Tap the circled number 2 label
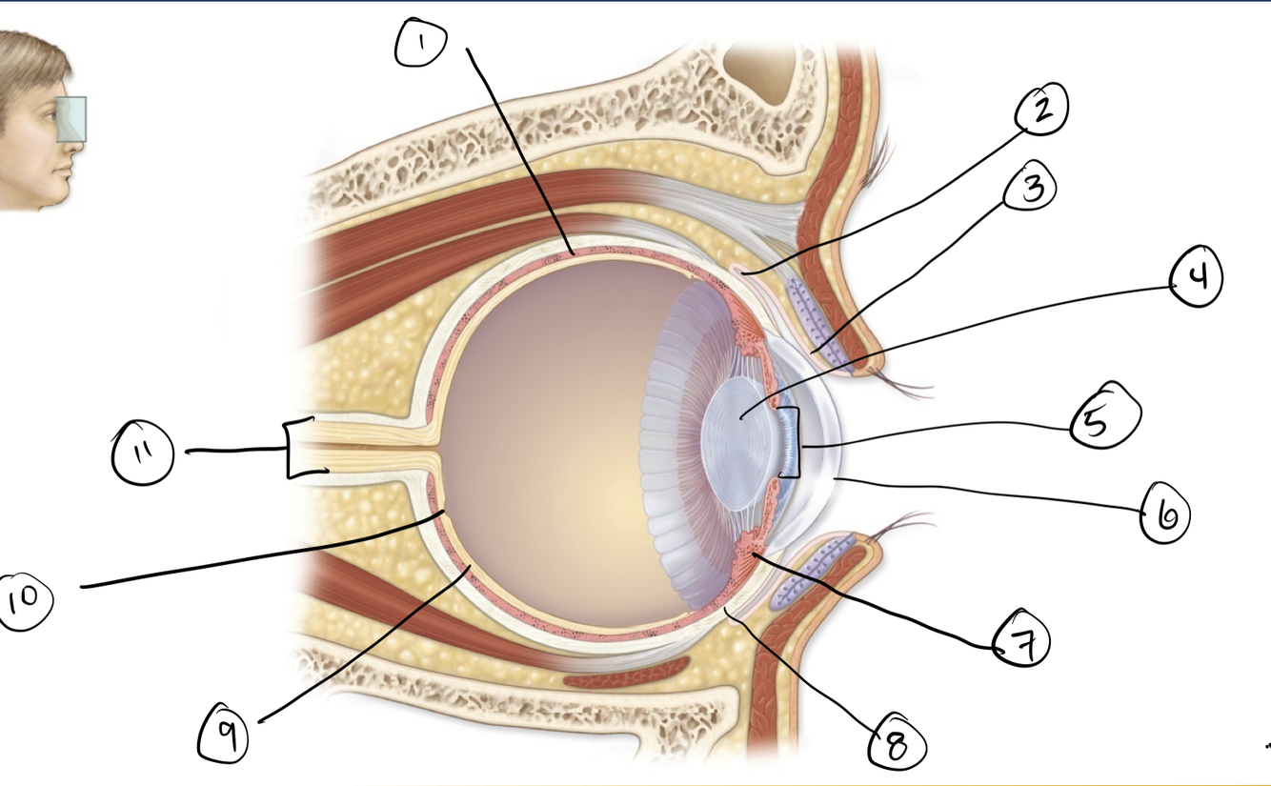[x=1041, y=111]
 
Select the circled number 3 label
[x=1030, y=189]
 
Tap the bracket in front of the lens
[x=792, y=442]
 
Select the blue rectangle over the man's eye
[x=71, y=119]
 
